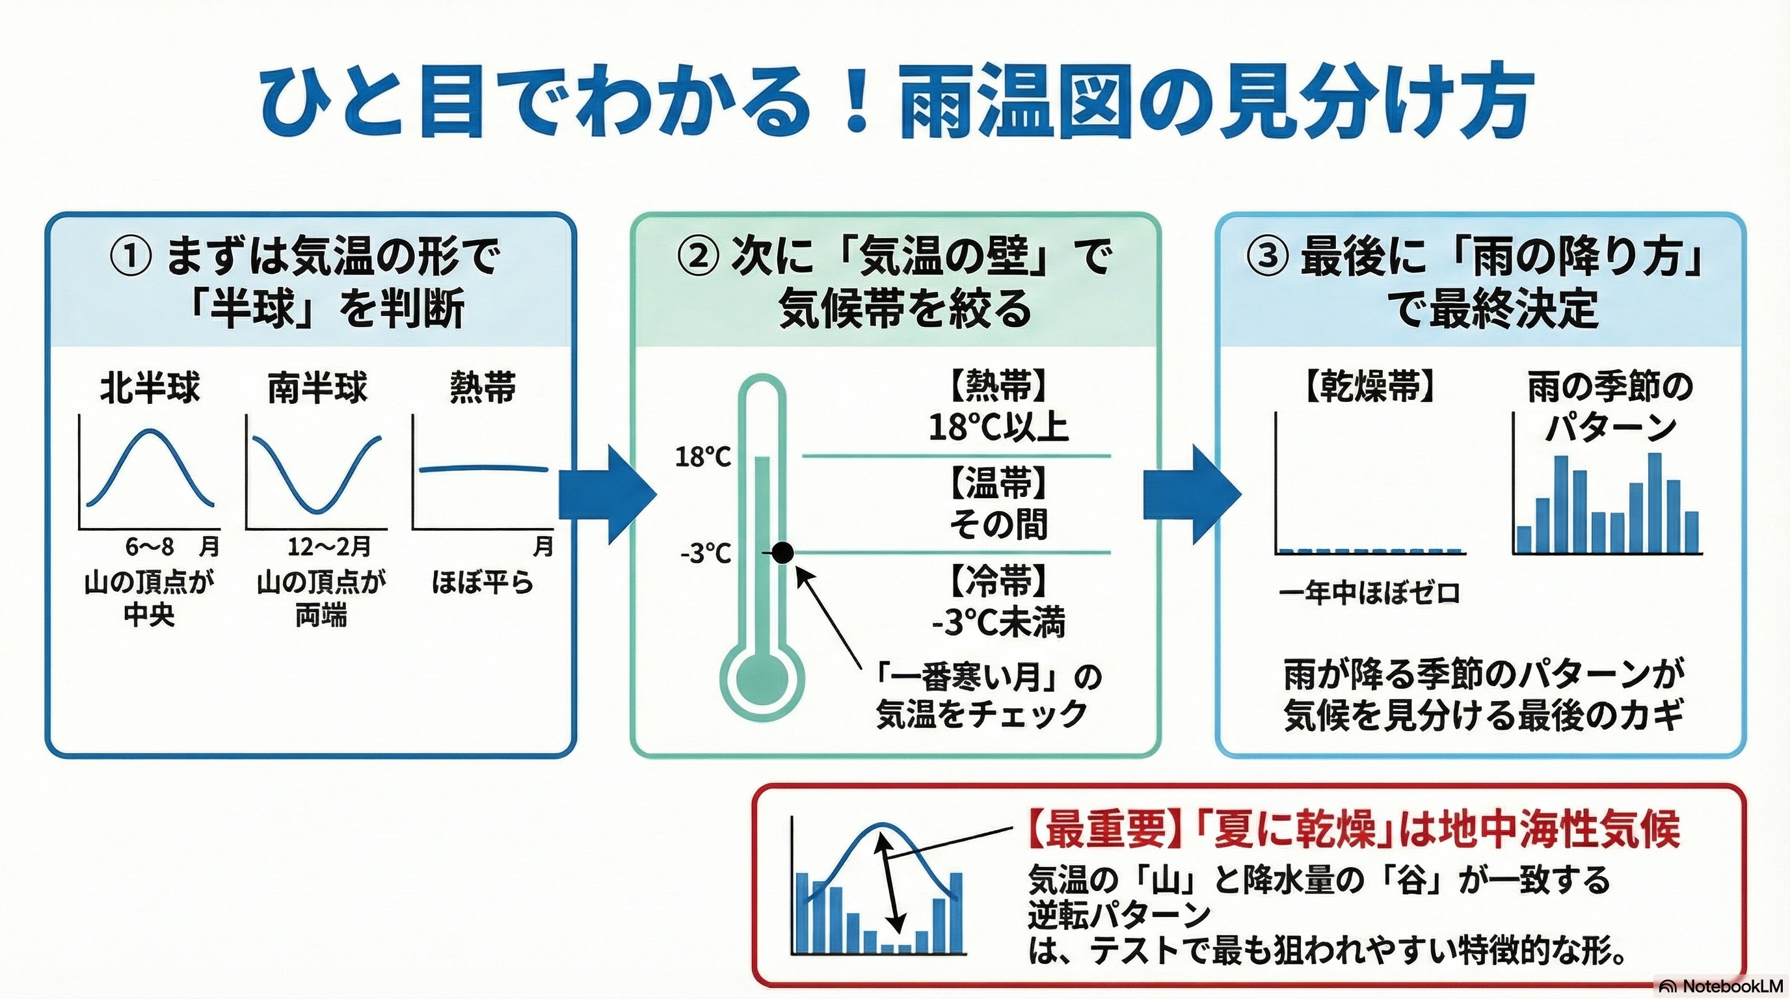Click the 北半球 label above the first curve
(x=150, y=388)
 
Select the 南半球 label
(x=317, y=388)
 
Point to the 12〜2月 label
(x=329, y=547)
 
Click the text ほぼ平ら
(x=482, y=582)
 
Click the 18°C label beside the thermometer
(x=703, y=457)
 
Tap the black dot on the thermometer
(x=782, y=553)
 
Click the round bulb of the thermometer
(x=762, y=676)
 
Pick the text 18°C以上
(x=998, y=427)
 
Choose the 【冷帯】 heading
(x=998, y=581)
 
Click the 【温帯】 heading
(x=998, y=483)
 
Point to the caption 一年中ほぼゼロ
(x=1370, y=593)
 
